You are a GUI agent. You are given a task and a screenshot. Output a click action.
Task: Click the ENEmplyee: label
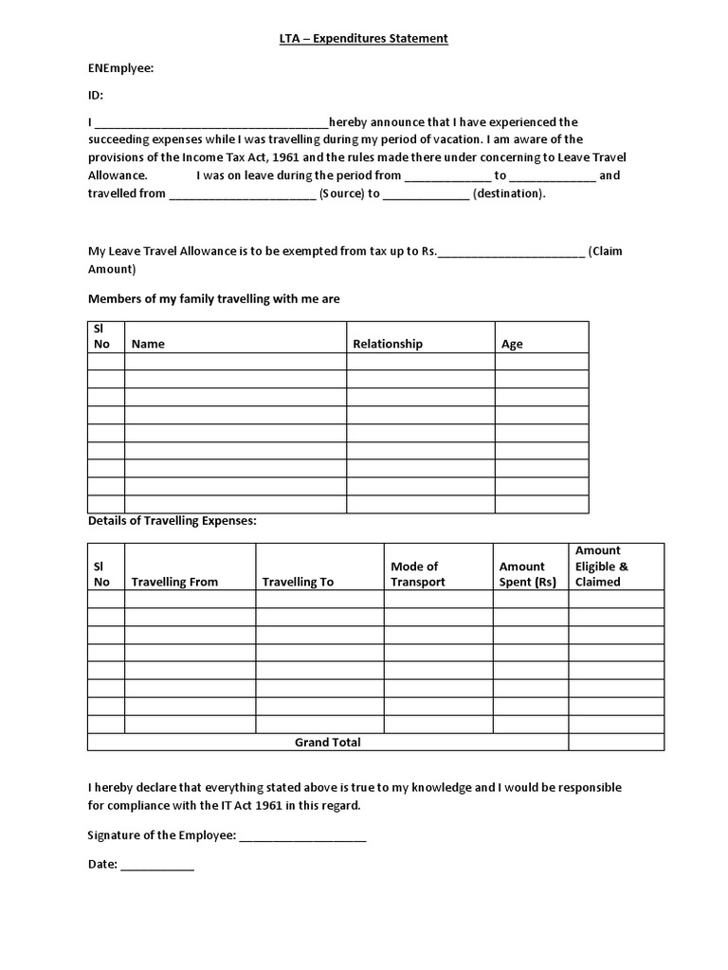120,68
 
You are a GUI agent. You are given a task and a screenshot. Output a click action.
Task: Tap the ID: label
96,95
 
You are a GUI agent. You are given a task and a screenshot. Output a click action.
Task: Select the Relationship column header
388,344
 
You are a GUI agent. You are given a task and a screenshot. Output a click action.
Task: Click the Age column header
512,344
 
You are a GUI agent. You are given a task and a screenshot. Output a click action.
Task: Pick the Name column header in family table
148,344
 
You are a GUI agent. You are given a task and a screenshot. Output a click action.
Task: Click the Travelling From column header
174,582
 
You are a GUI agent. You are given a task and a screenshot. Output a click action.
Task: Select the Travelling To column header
298,582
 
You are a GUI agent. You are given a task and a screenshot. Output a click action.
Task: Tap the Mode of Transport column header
417,574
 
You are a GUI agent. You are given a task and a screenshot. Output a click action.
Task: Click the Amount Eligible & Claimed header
601,566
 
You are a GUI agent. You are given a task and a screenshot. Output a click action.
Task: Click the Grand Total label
327,743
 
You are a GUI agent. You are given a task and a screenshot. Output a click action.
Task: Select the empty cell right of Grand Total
616,743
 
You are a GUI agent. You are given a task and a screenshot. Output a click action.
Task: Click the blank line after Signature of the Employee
302,836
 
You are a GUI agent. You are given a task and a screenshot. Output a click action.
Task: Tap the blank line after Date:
157,865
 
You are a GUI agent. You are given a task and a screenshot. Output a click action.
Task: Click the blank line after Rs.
511,252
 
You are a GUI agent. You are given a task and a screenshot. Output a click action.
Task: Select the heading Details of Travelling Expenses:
172,521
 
